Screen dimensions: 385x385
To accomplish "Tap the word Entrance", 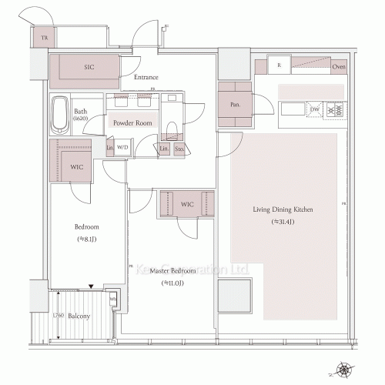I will [146, 77].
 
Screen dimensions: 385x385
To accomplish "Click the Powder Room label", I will [132, 123].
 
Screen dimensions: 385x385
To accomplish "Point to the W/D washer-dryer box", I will [122, 147].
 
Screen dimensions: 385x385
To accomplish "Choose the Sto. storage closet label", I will [179, 149].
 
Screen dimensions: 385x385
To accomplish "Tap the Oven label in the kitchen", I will [337, 67].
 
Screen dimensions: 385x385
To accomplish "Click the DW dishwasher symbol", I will [314, 110].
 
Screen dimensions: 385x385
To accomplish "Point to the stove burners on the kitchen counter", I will [335, 111].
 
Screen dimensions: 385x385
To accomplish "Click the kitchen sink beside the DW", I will [292, 111].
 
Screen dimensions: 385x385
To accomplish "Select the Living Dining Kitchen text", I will [283, 209].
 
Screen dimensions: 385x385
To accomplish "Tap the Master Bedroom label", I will [172, 271].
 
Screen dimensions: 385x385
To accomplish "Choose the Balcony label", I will [79, 316].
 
